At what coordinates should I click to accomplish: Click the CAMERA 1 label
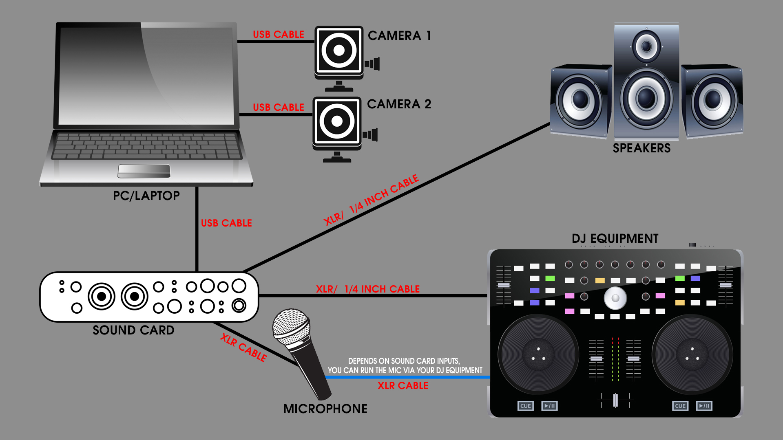click(399, 36)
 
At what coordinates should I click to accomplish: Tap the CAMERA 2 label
click(398, 104)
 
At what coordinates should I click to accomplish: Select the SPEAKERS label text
click(641, 148)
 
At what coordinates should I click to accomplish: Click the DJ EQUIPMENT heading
click(615, 239)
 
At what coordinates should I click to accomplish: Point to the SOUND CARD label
click(133, 330)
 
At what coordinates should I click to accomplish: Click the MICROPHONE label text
click(325, 409)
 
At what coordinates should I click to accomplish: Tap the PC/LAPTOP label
click(146, 196)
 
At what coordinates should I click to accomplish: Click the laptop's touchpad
click(144, 171)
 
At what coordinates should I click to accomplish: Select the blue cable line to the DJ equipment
click(408, 377)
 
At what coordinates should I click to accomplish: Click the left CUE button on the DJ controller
click(525, 406)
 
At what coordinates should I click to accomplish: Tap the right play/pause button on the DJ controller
click(704, 406)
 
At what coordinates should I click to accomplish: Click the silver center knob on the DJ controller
click(615, 298)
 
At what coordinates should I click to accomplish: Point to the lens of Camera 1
click(339, 51)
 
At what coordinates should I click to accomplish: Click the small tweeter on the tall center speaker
click(646, 46)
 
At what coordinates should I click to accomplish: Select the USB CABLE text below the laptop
click(226, 223)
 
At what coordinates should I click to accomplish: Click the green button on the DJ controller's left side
click(550, 279)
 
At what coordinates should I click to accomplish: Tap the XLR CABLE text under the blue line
click(403, 386)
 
